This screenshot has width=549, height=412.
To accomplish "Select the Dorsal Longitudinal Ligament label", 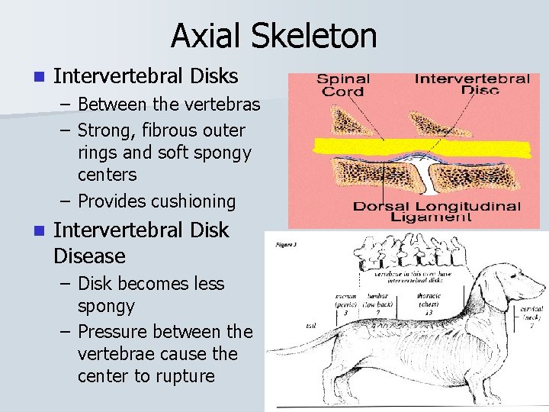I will coord(437,212).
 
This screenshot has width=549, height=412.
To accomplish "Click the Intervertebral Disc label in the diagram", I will coord(471,83).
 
